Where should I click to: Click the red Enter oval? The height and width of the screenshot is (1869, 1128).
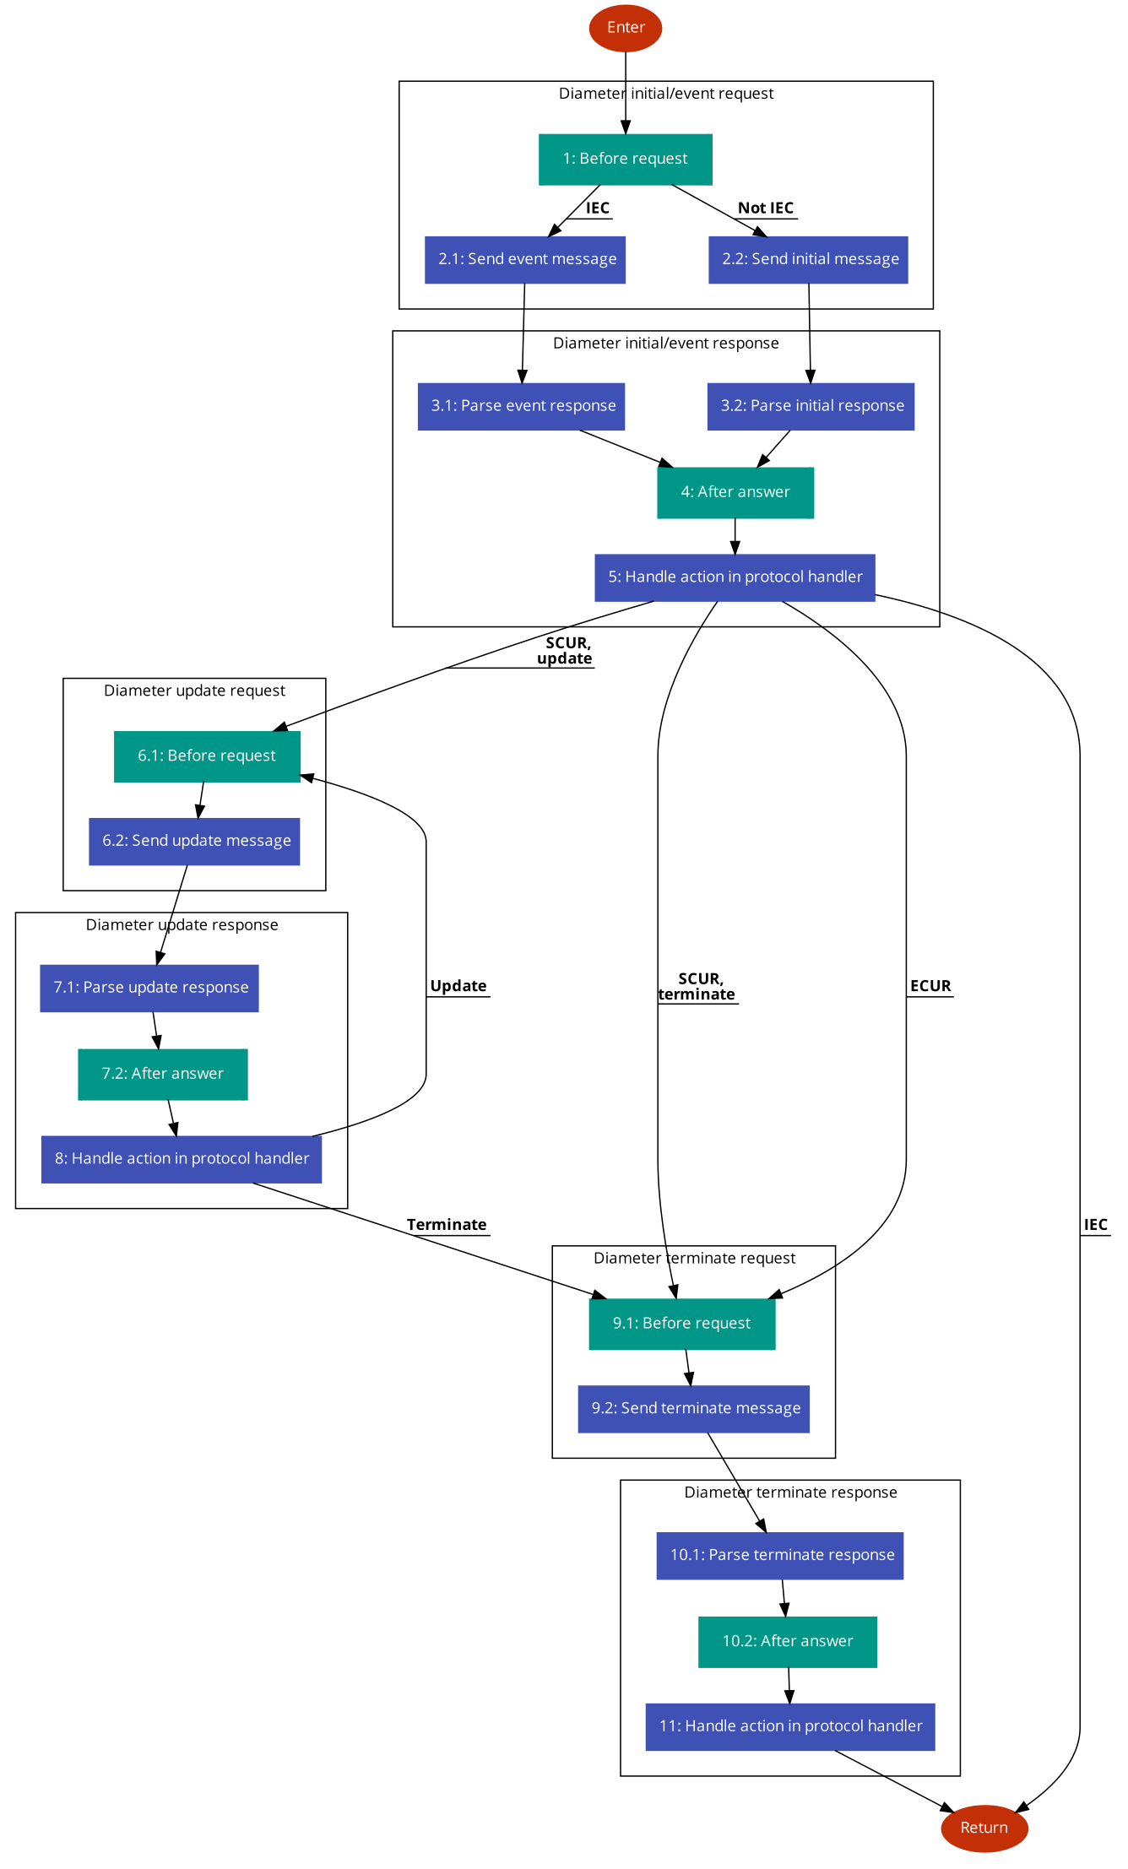pos(626,28)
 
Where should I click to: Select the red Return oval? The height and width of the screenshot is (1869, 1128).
pos(984,1828)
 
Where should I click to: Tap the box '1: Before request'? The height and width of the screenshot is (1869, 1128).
pos(626,159)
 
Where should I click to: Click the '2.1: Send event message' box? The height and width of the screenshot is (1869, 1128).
pos(525,259)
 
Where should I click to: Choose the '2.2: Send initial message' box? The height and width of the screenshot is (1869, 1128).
pos(808,259)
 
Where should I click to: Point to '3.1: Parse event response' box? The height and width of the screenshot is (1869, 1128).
pos(521,406)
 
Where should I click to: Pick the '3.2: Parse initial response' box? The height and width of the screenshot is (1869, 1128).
pos(811,406)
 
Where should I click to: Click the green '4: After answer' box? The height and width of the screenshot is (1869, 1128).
pos(735,492)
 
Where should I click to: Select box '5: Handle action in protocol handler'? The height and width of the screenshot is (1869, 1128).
pos(735,577)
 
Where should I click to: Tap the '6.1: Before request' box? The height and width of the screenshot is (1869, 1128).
pos(208,756)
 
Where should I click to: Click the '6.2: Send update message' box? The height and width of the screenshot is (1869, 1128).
pos(194,841)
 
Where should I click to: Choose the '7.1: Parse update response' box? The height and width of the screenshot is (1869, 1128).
pos(149,988)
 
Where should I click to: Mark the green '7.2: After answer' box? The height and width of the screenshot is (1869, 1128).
pos(163,1074)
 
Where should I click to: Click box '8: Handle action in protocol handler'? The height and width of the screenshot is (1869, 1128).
pos(182,1159)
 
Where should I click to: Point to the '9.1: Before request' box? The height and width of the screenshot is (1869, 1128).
pos(682,1324)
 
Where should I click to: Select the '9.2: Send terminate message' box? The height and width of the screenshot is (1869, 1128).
pos(694,1409)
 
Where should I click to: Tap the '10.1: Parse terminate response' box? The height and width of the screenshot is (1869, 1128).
pos(780,1555)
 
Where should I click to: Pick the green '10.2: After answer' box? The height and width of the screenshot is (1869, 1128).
pos(788,1641)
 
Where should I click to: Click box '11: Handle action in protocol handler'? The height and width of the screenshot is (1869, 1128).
pos(790,1726)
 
